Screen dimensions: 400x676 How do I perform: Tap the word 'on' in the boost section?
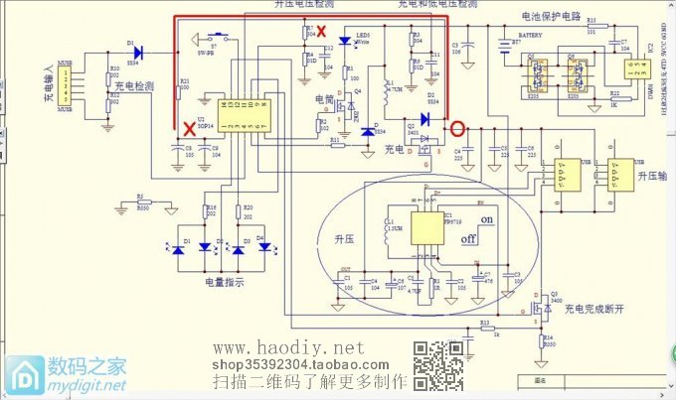[x=487, y=219]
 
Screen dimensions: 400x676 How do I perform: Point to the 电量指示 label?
[x=222, y=283]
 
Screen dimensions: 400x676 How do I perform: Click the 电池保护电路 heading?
[x=550, y=18]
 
